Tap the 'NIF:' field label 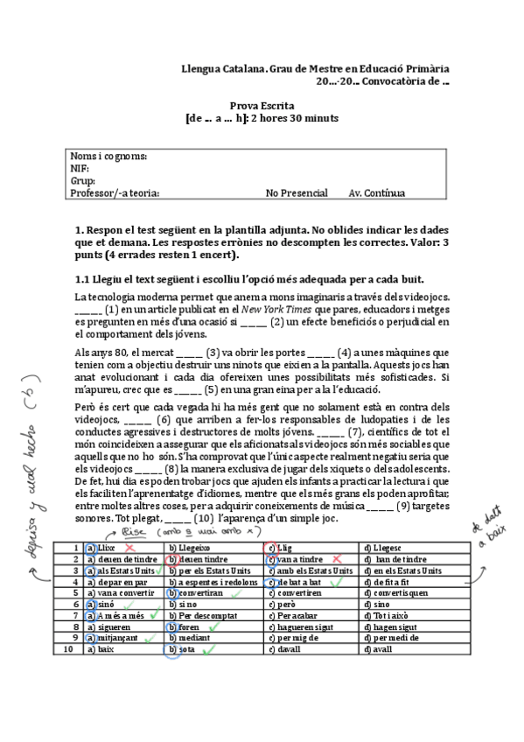(x=80, y=169)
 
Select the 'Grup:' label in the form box (x=83, y=181)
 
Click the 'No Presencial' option (x=297, y=193)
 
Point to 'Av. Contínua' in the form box (x=377, y=193)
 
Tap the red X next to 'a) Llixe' (x=130, y=546)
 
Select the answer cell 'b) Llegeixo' (x=198, y=546)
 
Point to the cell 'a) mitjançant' (x=113, y=638)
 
